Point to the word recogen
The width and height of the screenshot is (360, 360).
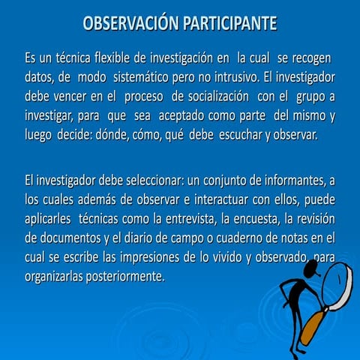click(x=312, y=58)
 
